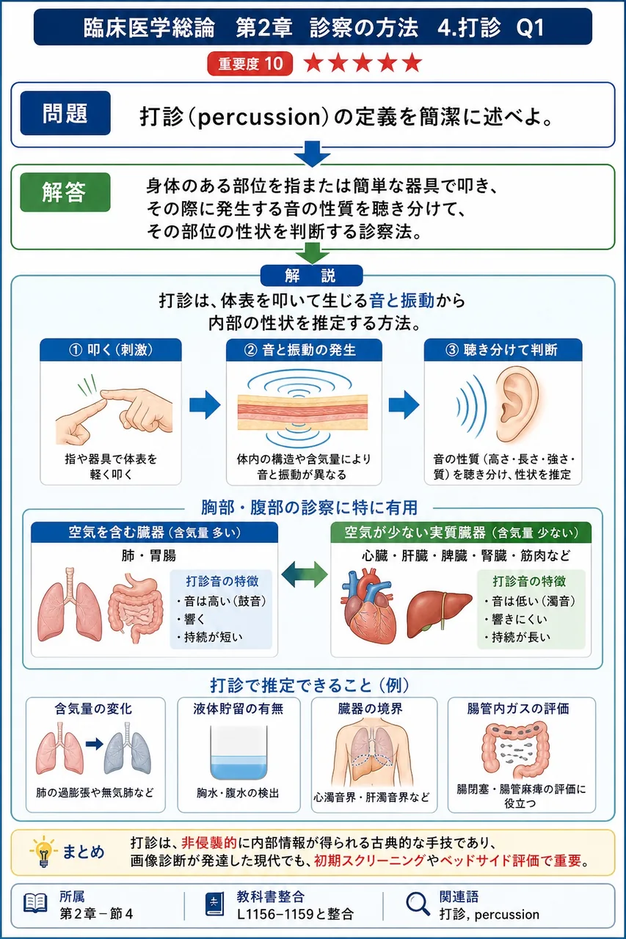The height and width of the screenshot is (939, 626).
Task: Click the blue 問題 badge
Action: pos(65,113)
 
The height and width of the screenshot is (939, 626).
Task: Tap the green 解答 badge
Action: pos(65,192)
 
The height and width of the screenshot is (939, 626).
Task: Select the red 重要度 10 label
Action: pos(250,64)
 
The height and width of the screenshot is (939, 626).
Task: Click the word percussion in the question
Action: pos(259,117)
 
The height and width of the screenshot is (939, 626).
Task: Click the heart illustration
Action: pos(368,605)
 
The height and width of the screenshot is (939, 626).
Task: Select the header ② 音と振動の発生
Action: pos(304,350)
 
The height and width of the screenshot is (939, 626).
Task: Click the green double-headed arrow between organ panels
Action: pos(305,574)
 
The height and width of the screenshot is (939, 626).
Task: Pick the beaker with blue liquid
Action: pos(239,752)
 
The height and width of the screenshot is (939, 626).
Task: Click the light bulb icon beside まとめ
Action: pos(43,852)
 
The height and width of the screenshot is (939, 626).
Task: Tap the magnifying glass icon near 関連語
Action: pos(418,904)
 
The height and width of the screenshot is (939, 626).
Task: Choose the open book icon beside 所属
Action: pos(35,903)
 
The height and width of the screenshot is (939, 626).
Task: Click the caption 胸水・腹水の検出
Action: pos(238,793)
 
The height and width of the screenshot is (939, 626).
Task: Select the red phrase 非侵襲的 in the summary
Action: pos(209,843)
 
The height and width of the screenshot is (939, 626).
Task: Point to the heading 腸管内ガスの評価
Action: pos(518,709)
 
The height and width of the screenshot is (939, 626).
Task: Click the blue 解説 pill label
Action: pos(312,275)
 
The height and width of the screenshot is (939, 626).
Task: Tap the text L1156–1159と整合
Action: pos(295,914)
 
